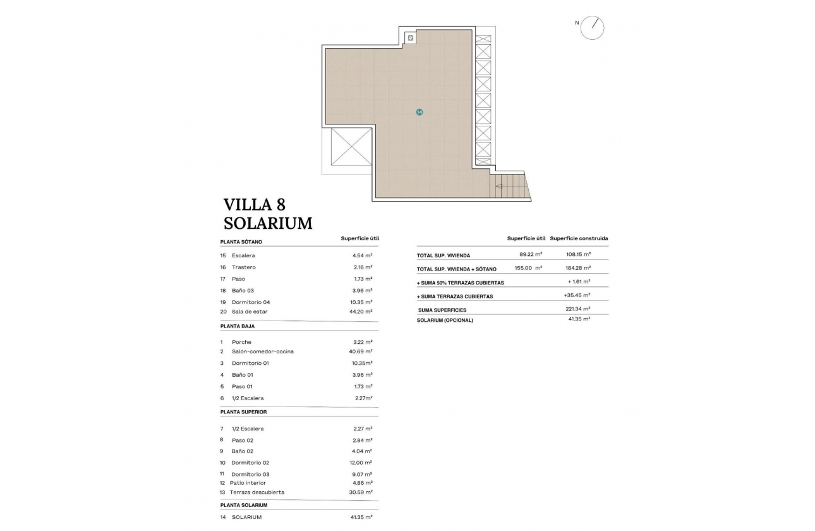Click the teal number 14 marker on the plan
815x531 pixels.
(x=419, y=112)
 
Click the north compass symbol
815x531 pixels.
(x=592, y=27)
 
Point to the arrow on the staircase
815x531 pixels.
(x=500, y=186)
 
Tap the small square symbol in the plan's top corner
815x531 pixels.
(x=411, y=39)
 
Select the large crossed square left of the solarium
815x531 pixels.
(x=351, y=147)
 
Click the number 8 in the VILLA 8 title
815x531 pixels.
(x=281, y=204)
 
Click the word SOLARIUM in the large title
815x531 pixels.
(x=268, y=223)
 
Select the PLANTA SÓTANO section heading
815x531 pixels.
(x=241, y=242)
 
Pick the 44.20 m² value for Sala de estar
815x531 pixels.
(x=362, y=312)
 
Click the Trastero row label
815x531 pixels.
(x=243, y=267)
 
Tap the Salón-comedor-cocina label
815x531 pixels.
(x=262, y=351)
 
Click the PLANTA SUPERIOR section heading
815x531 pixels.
(x=243, y=412)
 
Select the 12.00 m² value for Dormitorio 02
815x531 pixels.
(x=362, y=463)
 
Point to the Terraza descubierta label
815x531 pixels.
(x=258, y=492)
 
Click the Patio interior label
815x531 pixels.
(x=248, y=483)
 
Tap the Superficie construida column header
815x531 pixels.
(x=579, y=238)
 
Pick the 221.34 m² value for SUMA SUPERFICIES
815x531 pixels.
(x=577, y=309)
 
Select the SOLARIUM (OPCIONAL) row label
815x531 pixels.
(x=445, y=320)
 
